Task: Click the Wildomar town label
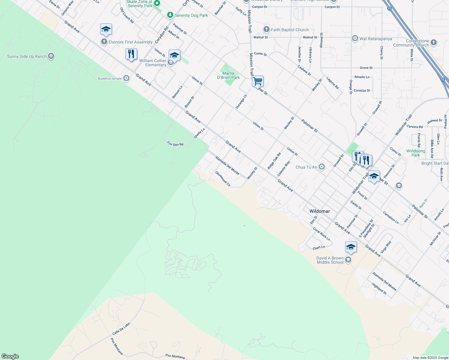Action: coord(320,211)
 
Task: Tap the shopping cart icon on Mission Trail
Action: coord(258,81)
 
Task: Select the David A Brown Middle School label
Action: coord(330,260)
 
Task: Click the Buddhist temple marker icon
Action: coord(127,79)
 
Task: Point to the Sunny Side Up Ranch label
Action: coord(27,56)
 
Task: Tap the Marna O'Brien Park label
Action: coord(228,75)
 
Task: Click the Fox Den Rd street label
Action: coord(175,144)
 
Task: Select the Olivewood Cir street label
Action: coord(223,179)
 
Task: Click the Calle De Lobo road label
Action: coord(121,329)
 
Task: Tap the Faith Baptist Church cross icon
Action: coord(266,29)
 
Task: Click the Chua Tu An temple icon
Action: coord(322,167)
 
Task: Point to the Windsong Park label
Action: coord(416,153)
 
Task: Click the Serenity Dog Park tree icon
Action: coord(170,15)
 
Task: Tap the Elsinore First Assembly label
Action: coord(131,42)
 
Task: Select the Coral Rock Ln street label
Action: coord(321,234)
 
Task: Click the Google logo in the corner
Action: coord(10,356)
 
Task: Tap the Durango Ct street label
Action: coord(241,102)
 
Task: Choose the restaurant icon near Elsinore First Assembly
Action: coord(131,54)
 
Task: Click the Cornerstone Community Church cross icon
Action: coord(433,42)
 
